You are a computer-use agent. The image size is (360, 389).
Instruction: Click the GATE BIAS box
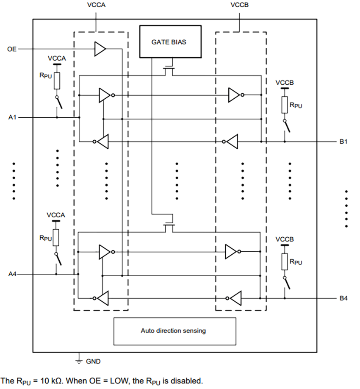(x=169, y=42)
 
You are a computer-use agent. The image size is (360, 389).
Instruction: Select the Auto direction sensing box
(x=174, y=331)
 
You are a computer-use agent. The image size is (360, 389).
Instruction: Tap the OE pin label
(x=11, y=50)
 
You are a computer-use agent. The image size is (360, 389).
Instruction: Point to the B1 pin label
(x=343, y=142)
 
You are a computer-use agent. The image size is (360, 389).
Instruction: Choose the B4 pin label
(x=343, y=299)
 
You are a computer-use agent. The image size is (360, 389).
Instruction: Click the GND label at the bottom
(x=93, y=361)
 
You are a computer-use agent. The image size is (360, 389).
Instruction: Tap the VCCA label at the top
(x=96, y=5)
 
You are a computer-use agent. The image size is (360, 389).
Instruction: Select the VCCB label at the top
(x=240, y=5)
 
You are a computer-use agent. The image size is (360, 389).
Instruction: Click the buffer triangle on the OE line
(x=100, y=49)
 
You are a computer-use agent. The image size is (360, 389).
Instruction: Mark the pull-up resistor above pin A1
(x=57, y=81)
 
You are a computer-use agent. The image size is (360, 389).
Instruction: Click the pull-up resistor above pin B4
(x=285, y=261)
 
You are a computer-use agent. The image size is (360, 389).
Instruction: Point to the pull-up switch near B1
(x=287, y=126)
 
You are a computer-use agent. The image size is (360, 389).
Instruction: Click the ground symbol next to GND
(x=78, y=361)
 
